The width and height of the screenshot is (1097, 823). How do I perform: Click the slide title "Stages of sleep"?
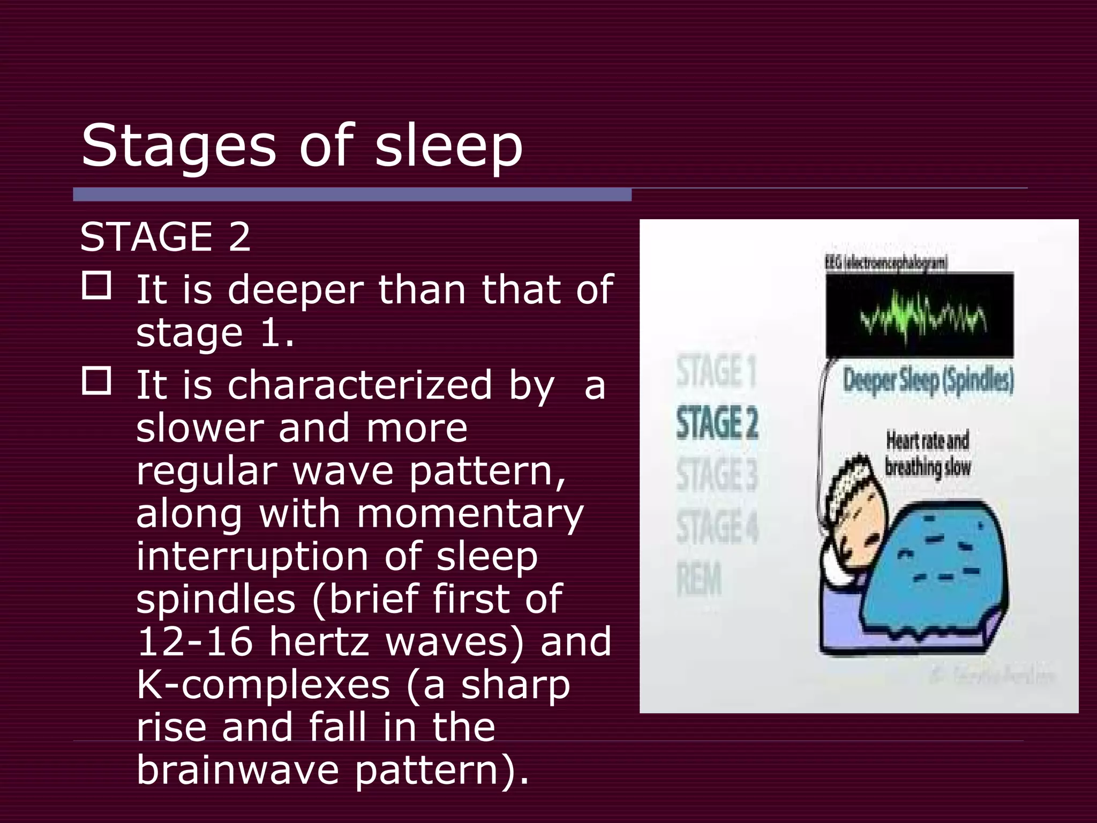coord(302,146)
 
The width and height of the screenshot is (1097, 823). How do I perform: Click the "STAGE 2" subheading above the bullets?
coord(165,237)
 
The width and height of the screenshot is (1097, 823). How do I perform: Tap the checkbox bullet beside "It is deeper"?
coord(96,286)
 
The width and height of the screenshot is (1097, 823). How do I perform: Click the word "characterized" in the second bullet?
coord(359,385)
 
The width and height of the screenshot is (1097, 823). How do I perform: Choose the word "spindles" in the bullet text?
coord(215,598)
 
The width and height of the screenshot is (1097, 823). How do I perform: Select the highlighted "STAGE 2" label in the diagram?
coord(717,423)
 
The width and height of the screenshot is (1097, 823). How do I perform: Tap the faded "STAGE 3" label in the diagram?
coord(717,475)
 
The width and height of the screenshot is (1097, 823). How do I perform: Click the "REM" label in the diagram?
coord(699,579)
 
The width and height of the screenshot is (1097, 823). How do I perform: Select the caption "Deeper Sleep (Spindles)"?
coord(928,381)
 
